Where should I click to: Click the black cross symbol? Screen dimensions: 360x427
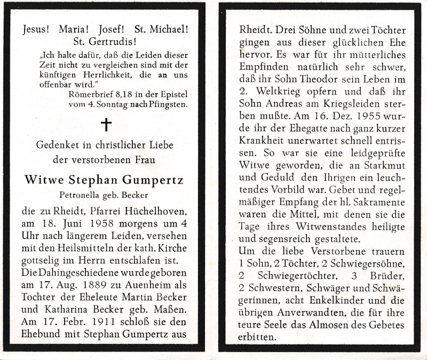point(106,125)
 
